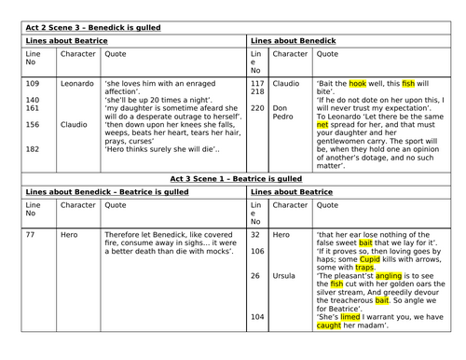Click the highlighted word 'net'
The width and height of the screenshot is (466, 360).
323,122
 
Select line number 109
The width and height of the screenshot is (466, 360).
34,84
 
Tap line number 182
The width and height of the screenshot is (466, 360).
34,150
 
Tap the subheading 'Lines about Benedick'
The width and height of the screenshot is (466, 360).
287,42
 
